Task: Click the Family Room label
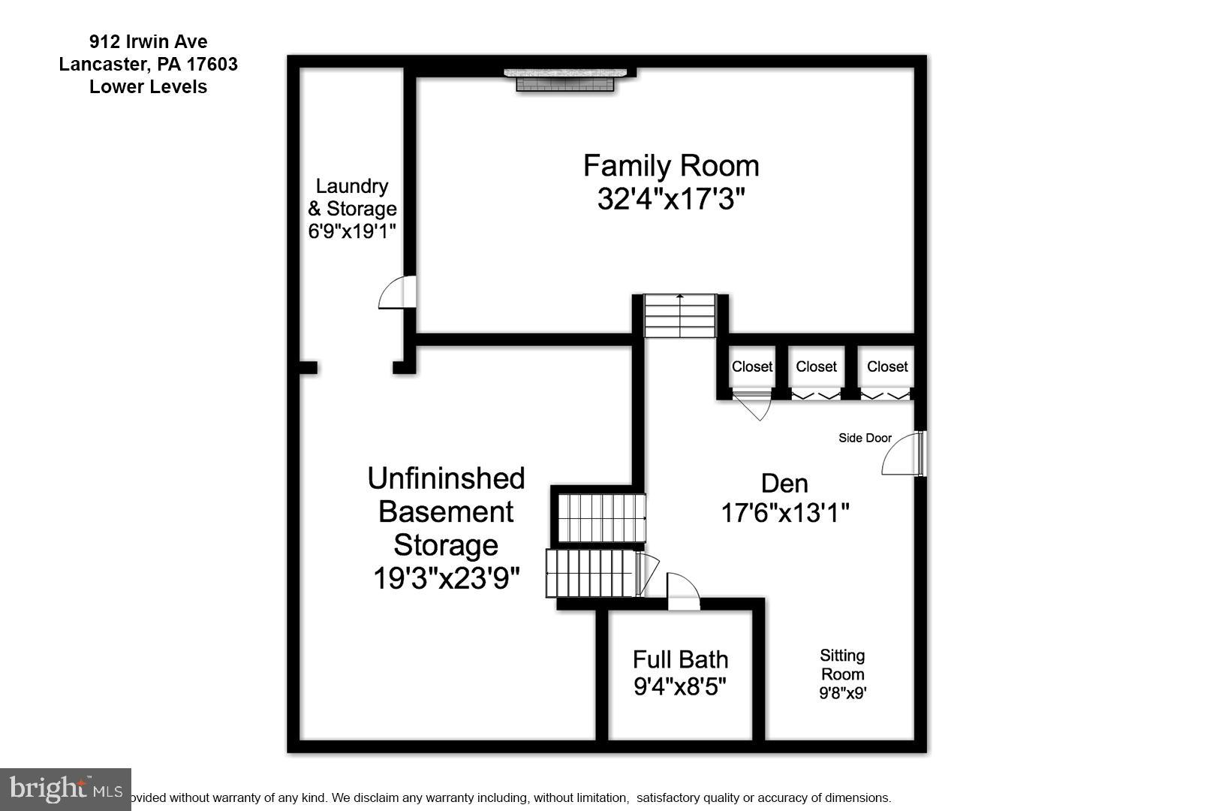tap(671, 166)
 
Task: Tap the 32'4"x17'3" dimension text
tap(671, 200)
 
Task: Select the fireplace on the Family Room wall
tap(564, 80)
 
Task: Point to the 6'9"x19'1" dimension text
tap(352, 231)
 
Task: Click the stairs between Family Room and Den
tap(680, 315)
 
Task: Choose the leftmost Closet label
tap(751, 366)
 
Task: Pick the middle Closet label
tap(816, 366)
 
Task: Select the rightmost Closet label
tap(887, 366)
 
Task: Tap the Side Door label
tap(865, 438)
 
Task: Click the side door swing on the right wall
tap(902, 455)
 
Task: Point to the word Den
tap(784, 483)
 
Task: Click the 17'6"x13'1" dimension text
tap(784, 514)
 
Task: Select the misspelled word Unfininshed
tap(446, 478)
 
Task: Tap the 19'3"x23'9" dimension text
tap(446, 578)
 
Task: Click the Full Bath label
tap(680, 659)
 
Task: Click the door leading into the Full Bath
tap(682, 592)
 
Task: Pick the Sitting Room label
tap(842, 665)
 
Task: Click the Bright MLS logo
tap(65, 789)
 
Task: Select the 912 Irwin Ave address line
tap(148, 42)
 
